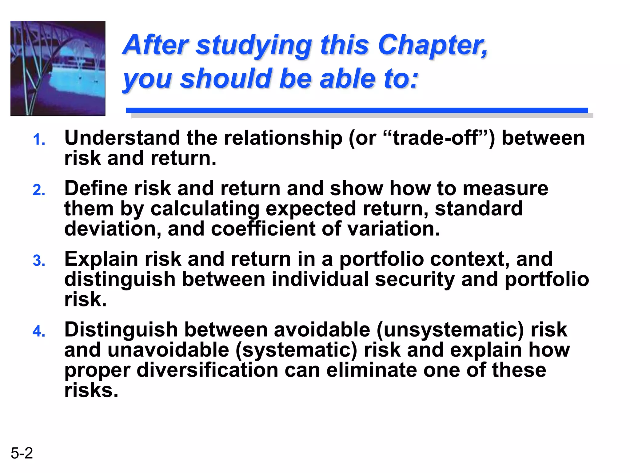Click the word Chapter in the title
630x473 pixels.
point(432,45)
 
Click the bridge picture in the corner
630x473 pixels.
point(58,68)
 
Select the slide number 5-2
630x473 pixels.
point(22,453)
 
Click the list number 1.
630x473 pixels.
point(39,140)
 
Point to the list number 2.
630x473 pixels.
point(39,190)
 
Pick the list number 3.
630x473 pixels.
point(39,261)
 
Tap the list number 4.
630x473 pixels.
point(39,331)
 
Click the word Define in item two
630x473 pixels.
point(96,188)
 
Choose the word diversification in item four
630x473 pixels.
point(208,370)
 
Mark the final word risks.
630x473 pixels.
point(91,390)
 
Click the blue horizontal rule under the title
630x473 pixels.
point(357,110)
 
